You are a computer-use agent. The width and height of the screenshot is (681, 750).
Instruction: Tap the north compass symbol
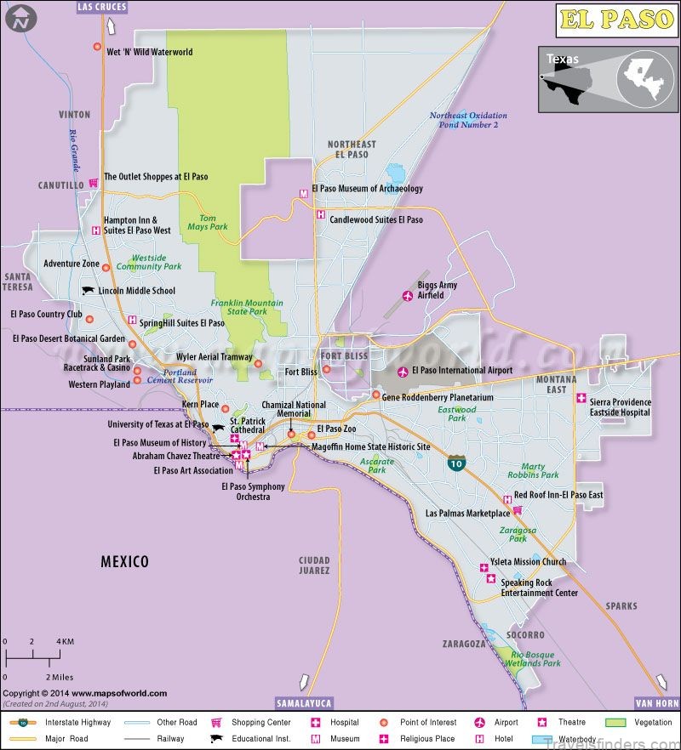point(20,18)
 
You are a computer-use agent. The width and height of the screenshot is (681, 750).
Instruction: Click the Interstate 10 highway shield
point(457,463)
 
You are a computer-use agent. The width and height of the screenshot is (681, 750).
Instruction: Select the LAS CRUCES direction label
point(101,7)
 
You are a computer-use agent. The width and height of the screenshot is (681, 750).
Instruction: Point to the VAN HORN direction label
point(657,703)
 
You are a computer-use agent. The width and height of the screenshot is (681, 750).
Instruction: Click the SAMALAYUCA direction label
point(304,703)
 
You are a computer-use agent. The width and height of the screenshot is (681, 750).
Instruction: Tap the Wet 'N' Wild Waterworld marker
point(97,47)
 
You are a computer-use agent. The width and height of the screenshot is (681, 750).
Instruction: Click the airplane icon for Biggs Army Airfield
point(407,296)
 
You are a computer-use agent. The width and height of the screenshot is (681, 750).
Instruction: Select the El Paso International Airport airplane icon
point(403,371)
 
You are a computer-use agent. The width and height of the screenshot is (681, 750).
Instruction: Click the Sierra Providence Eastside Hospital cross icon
point(581,398)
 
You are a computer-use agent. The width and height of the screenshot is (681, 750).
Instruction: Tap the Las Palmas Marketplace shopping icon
point(517,512)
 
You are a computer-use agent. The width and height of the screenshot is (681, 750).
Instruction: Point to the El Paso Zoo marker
point(311,435)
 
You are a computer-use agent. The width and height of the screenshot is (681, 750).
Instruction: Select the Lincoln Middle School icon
point(88,291)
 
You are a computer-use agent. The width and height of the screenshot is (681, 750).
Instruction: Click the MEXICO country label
point(124,561)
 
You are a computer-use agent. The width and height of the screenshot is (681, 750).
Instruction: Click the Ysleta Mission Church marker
point(483,564)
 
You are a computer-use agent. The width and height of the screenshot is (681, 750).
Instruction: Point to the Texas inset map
point(607,79)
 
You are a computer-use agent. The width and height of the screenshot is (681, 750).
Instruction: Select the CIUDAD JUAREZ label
point(313,565)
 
